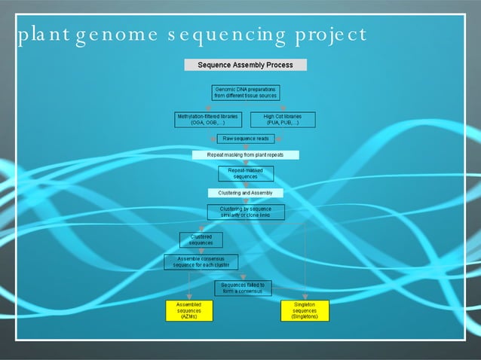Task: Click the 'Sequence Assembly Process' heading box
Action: click(246, 65)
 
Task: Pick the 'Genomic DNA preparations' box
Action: click(246, 93)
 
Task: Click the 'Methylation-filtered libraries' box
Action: click(207, 120)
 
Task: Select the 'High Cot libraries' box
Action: click(283, 120)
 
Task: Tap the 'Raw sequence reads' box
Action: click(246, 139)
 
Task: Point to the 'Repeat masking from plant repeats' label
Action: click(246, 155)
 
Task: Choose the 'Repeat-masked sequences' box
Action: click(246, 174)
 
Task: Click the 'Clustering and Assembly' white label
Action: click(246, 194)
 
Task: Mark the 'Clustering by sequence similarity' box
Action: click(246, 212)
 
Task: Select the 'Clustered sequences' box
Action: click(201, 240)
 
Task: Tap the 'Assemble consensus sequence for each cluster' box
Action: click(201, 262)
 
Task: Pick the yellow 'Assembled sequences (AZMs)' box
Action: click(188, 311)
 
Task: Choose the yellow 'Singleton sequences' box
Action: click(305, 311)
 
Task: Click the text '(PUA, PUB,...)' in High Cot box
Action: click(283, 123)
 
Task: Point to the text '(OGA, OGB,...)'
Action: click(207, 123)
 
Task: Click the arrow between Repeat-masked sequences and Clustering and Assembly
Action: click(246, 185)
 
